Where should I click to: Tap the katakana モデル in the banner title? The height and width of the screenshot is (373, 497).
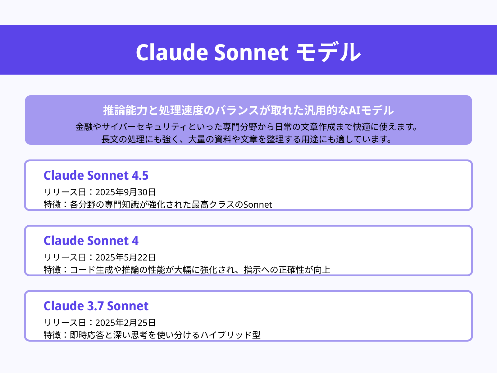(328, 52)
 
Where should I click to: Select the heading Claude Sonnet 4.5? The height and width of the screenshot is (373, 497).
(96, 176)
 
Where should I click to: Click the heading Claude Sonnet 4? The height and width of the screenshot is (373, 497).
(91, 241)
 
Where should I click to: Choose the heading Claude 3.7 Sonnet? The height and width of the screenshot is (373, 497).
(96, 306)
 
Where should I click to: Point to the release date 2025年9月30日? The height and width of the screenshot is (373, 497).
(125, 192)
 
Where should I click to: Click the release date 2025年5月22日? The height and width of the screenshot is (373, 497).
(125, 257)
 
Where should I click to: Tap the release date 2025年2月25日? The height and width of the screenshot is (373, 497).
(125, 323)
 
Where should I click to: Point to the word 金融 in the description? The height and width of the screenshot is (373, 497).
(84, 127)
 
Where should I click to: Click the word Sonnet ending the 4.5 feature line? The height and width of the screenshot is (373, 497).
(258, 205)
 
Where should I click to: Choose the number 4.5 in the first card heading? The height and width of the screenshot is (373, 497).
(140, 176)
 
